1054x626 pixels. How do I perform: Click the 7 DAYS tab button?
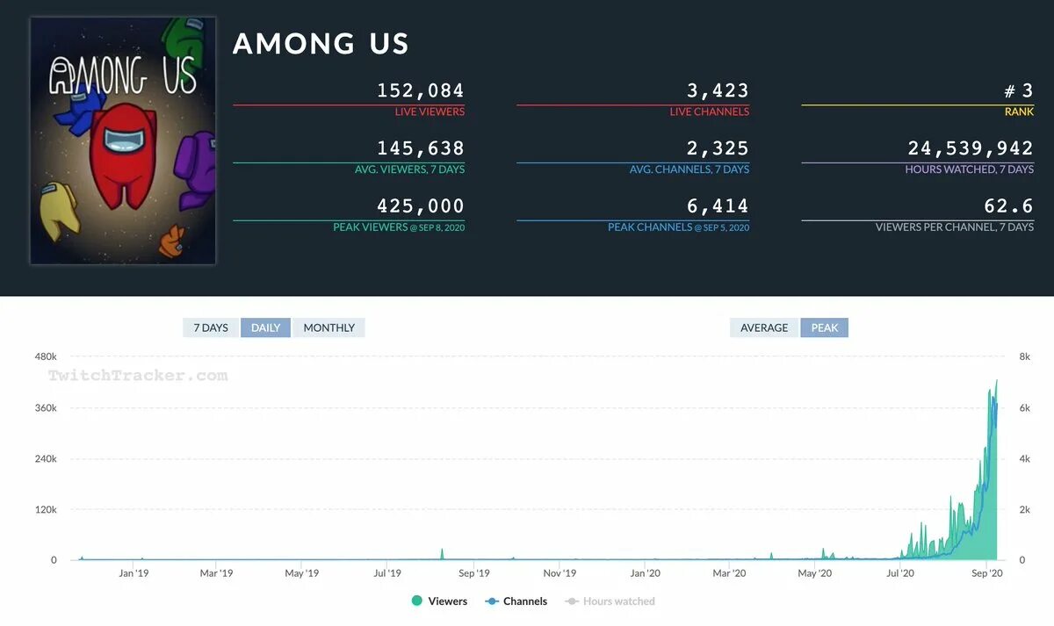pyautogui.click(x=211, y=327)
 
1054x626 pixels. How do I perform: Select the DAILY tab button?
pyautogui.click(x=265, y=327)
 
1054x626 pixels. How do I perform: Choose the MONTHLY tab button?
pyautogui.click(x=328, y=327)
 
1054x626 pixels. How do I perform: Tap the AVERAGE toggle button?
pyautogui.click(x=763, y=327)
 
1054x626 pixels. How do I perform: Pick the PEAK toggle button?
pyautogui.click(x=824, y=327)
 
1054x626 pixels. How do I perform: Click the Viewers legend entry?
pyautogui.click(x=439, y=601)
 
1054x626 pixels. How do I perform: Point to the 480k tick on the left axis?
pyautogui.click(x=45, y=356)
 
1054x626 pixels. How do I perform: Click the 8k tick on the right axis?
pyautogui.click(x=1024, y=356)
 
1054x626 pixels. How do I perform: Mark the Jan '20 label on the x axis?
pyautogui.click(x=646, y=573)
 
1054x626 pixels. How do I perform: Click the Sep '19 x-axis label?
pyautogui.click(x=473, y=573)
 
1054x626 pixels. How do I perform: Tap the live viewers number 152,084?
pyautogui.click(x=420, y=90)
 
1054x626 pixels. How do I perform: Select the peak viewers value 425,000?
pyautogui.click(x=420, y=206)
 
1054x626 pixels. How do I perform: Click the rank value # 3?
pyautogui.click(x=1018, y=90)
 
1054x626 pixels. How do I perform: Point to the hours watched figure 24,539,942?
pyautogui.click(x=971, y=148)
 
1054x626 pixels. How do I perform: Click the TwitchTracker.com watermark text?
pyautogui.click(x=138, y=376)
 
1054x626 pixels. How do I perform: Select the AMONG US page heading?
pyautogui.click(x=321, y=44)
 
